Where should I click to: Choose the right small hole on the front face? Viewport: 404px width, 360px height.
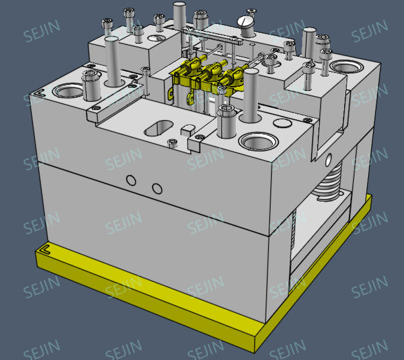point(157,189)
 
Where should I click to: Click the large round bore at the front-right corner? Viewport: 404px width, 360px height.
point(257,142)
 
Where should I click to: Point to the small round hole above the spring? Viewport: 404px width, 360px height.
point(328,160)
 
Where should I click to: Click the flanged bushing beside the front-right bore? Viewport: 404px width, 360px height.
point(227,120)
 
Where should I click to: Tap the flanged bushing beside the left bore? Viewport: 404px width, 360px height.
point(91,84)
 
